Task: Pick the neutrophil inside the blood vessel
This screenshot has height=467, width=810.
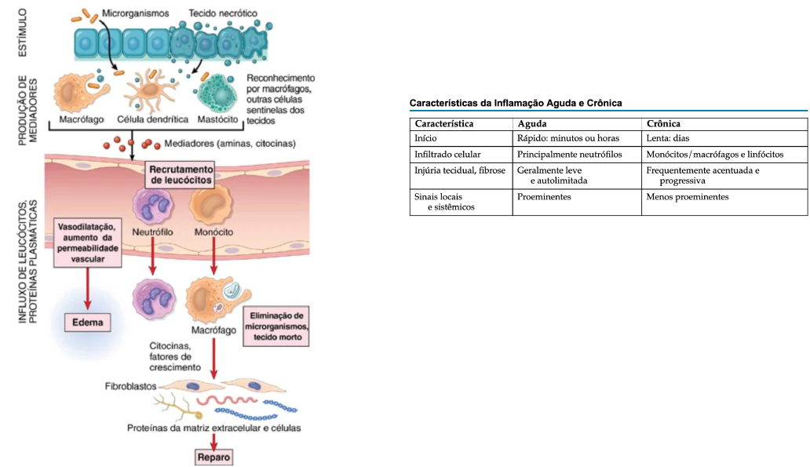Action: point(151,208)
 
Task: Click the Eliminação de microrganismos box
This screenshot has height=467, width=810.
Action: point(277,327)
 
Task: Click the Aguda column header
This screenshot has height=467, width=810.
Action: point(532,124)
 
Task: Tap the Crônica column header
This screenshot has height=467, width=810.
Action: point(663,124)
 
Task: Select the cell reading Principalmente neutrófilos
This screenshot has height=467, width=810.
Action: point(569,155)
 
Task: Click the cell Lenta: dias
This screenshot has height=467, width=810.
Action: point(667,139)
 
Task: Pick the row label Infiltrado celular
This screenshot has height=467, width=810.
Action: point(447,155)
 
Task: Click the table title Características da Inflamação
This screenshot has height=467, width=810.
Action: point(516,103)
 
